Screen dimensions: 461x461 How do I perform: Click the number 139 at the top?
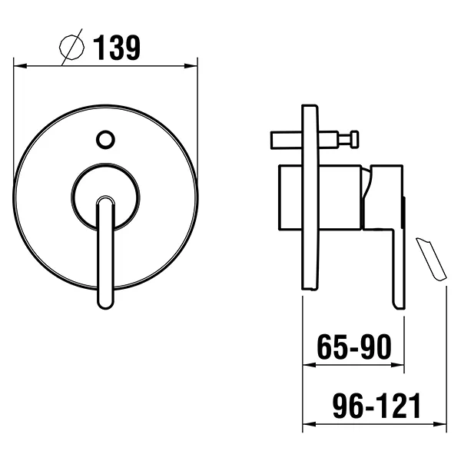pos(117,48)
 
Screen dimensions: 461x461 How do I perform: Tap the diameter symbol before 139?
pos(71,48)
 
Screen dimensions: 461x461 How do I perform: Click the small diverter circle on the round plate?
pos(105,140)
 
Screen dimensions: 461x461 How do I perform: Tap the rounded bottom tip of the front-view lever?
pos(105,301)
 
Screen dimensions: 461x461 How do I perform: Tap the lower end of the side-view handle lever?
pos(399,300)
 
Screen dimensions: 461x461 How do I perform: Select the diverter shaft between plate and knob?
pos(330,140)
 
